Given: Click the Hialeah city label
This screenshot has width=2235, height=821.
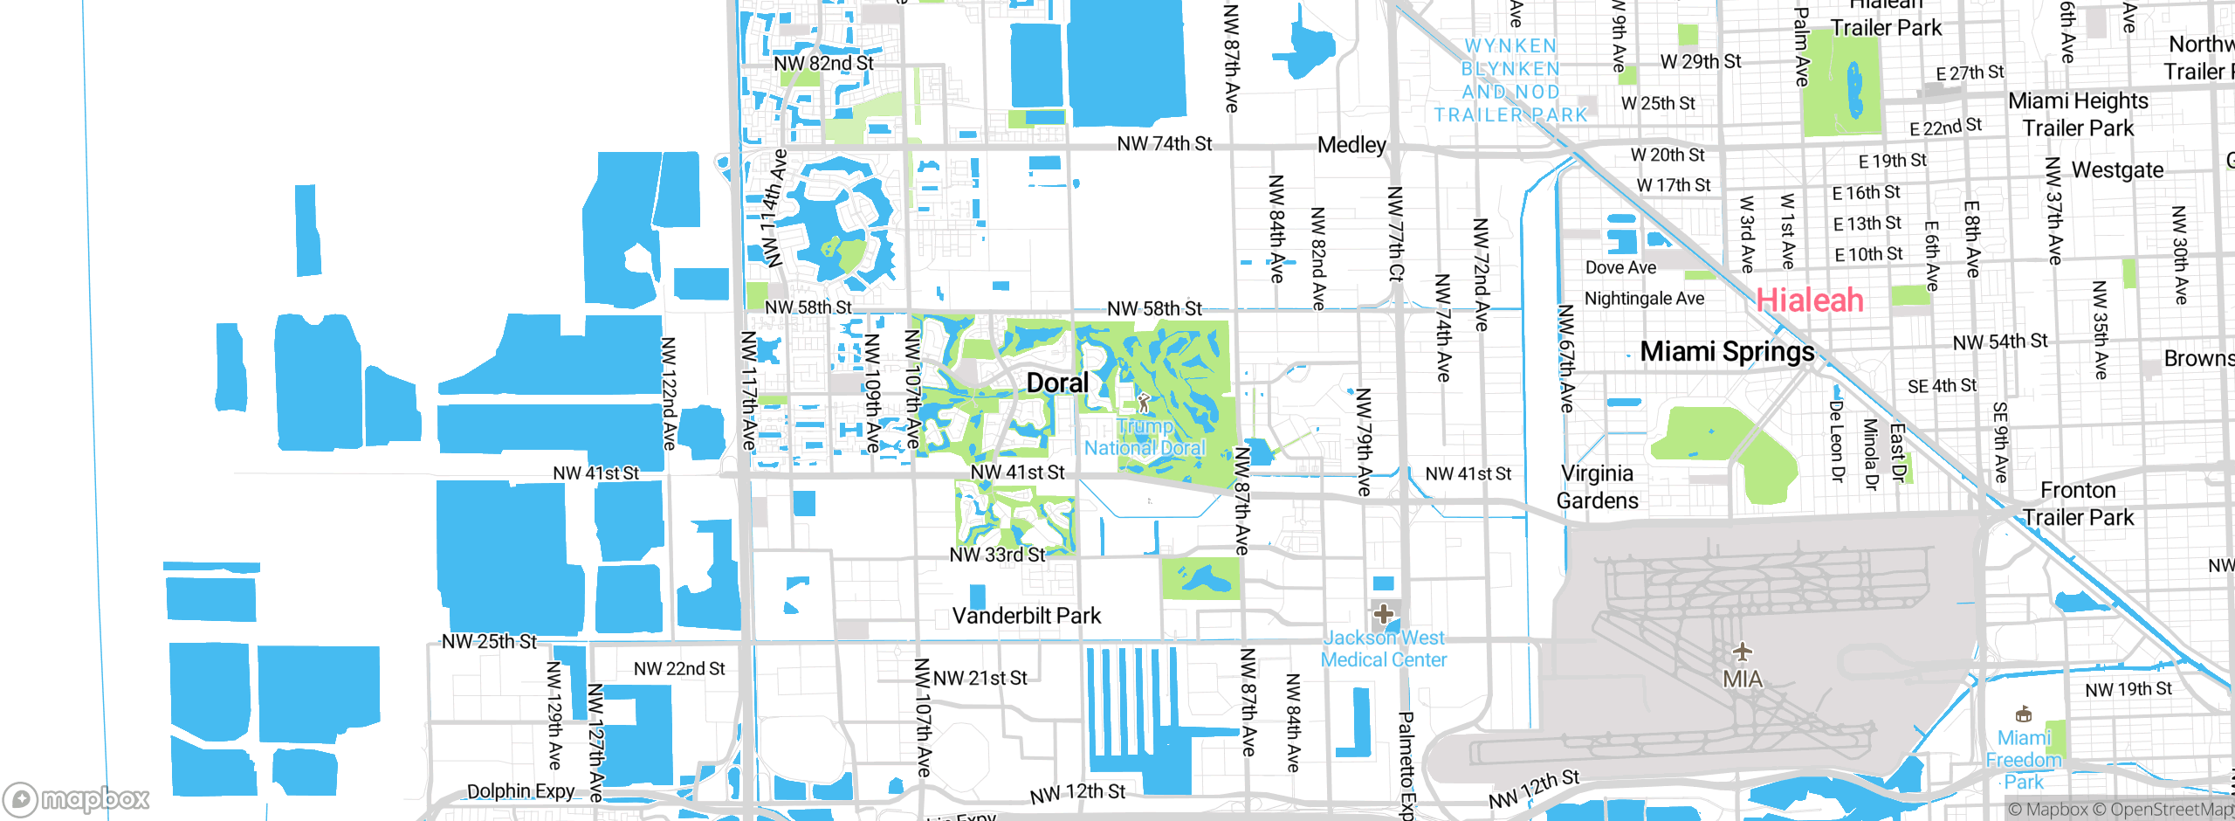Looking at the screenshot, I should pos(1809,300).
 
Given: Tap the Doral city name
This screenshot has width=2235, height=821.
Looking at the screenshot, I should pos(1057,383).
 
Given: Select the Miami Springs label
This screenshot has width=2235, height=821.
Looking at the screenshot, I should pos(1727,351).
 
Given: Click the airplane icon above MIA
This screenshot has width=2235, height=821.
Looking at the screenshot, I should pos(1742,652).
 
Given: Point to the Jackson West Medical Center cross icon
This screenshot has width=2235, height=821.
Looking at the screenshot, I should pos(1383,614).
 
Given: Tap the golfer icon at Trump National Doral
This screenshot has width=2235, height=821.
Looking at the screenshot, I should pos(1144,403).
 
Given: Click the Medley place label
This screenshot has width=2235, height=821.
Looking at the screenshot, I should pos(1351,145).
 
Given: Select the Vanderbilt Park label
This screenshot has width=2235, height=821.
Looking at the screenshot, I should pos(1026,616).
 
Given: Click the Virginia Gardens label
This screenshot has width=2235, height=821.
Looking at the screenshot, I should pos(1598,486).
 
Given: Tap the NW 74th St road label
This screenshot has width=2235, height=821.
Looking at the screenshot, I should pos(1164,143).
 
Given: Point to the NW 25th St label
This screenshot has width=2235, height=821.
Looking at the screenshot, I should pos(489,641).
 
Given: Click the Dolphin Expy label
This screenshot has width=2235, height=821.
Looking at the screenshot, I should pos(520,791).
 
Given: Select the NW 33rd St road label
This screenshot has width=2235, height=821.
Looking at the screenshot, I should pos(997,555).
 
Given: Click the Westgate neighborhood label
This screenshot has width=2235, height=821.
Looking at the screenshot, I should pos(2117,169).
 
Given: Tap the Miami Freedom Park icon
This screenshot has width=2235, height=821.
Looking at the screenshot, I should pos(2023,714).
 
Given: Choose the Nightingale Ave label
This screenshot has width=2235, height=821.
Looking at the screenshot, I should pos(1644,299).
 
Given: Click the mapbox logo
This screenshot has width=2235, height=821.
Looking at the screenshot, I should pos(77,798).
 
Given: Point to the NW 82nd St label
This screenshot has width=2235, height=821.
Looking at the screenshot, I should pos(823,63).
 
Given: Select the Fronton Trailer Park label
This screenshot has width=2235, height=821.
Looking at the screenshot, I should pos(2078,504).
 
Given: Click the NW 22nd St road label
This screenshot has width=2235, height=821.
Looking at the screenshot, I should pos(679,669).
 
